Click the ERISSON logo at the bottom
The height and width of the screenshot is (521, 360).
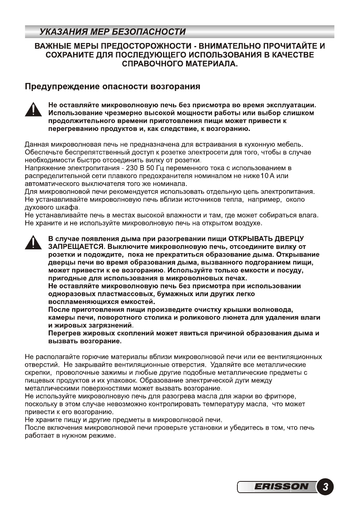[x=281, y=487]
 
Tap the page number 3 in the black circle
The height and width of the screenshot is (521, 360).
[x=325, y=487]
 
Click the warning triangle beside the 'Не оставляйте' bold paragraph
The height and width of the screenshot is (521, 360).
[x=33, y=109]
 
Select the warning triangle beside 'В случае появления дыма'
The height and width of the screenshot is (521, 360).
[x=33, y=242]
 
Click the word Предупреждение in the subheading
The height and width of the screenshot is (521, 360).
[x=59, y=86]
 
